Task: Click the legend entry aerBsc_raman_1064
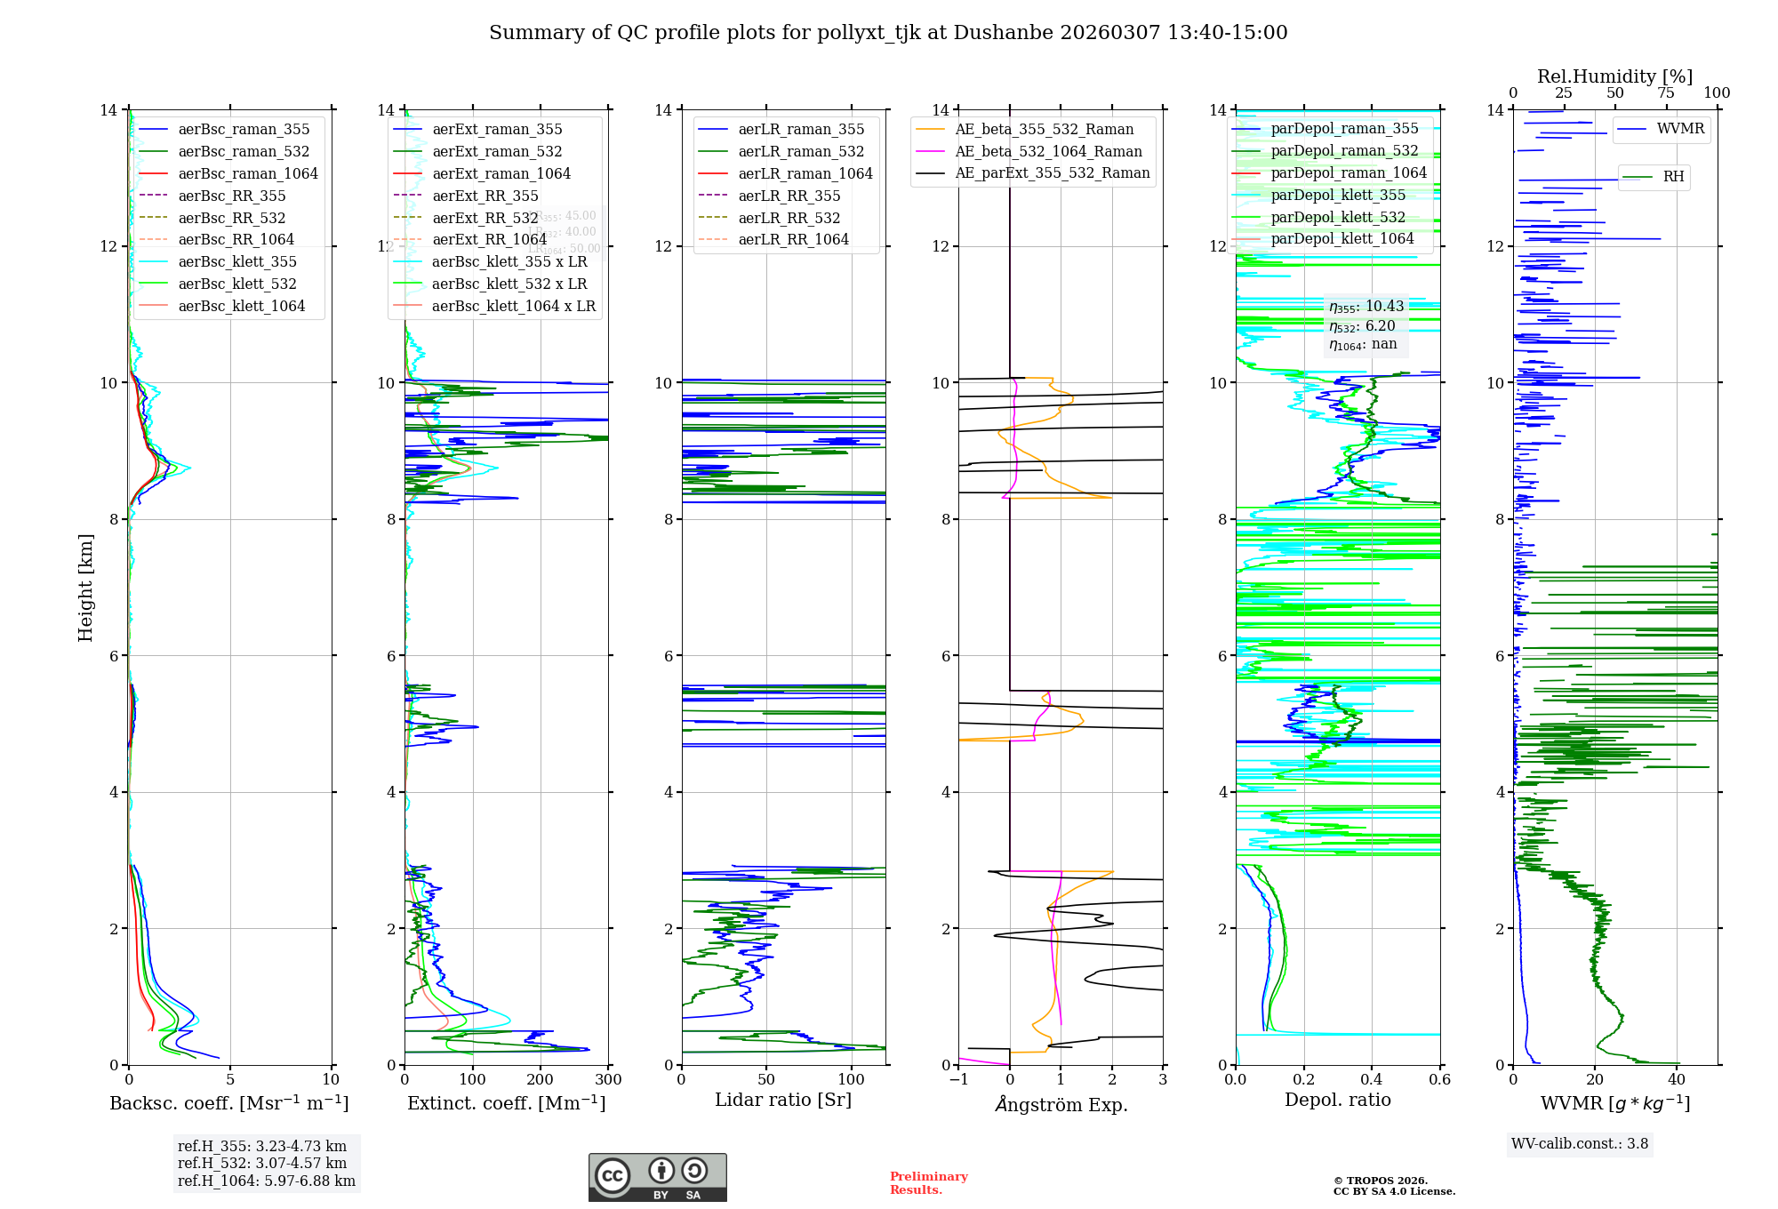[247, 173]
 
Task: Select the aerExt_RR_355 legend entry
[485, 196]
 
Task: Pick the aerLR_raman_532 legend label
[801, 151]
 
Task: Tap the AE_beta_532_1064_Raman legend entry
[1048, 151]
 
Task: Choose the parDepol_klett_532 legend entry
[1338, 217]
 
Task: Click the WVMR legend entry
[1680, 129]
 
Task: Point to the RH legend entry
[1673, 176]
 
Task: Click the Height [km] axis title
[85, 588]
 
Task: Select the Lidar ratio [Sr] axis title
[783, 1100]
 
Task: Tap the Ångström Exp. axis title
[1061, 1104]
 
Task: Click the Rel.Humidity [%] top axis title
[1614, 76]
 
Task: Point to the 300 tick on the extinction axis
[609, 1080]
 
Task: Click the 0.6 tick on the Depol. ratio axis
[1439, 1080]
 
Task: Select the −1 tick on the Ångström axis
[958, 1080]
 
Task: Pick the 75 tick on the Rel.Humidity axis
[1665, 93]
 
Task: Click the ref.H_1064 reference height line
[267, 1181]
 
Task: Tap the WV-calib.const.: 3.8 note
[1580, 1144]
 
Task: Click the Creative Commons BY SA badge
[657, 1177]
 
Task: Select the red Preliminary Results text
[928, 1182]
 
